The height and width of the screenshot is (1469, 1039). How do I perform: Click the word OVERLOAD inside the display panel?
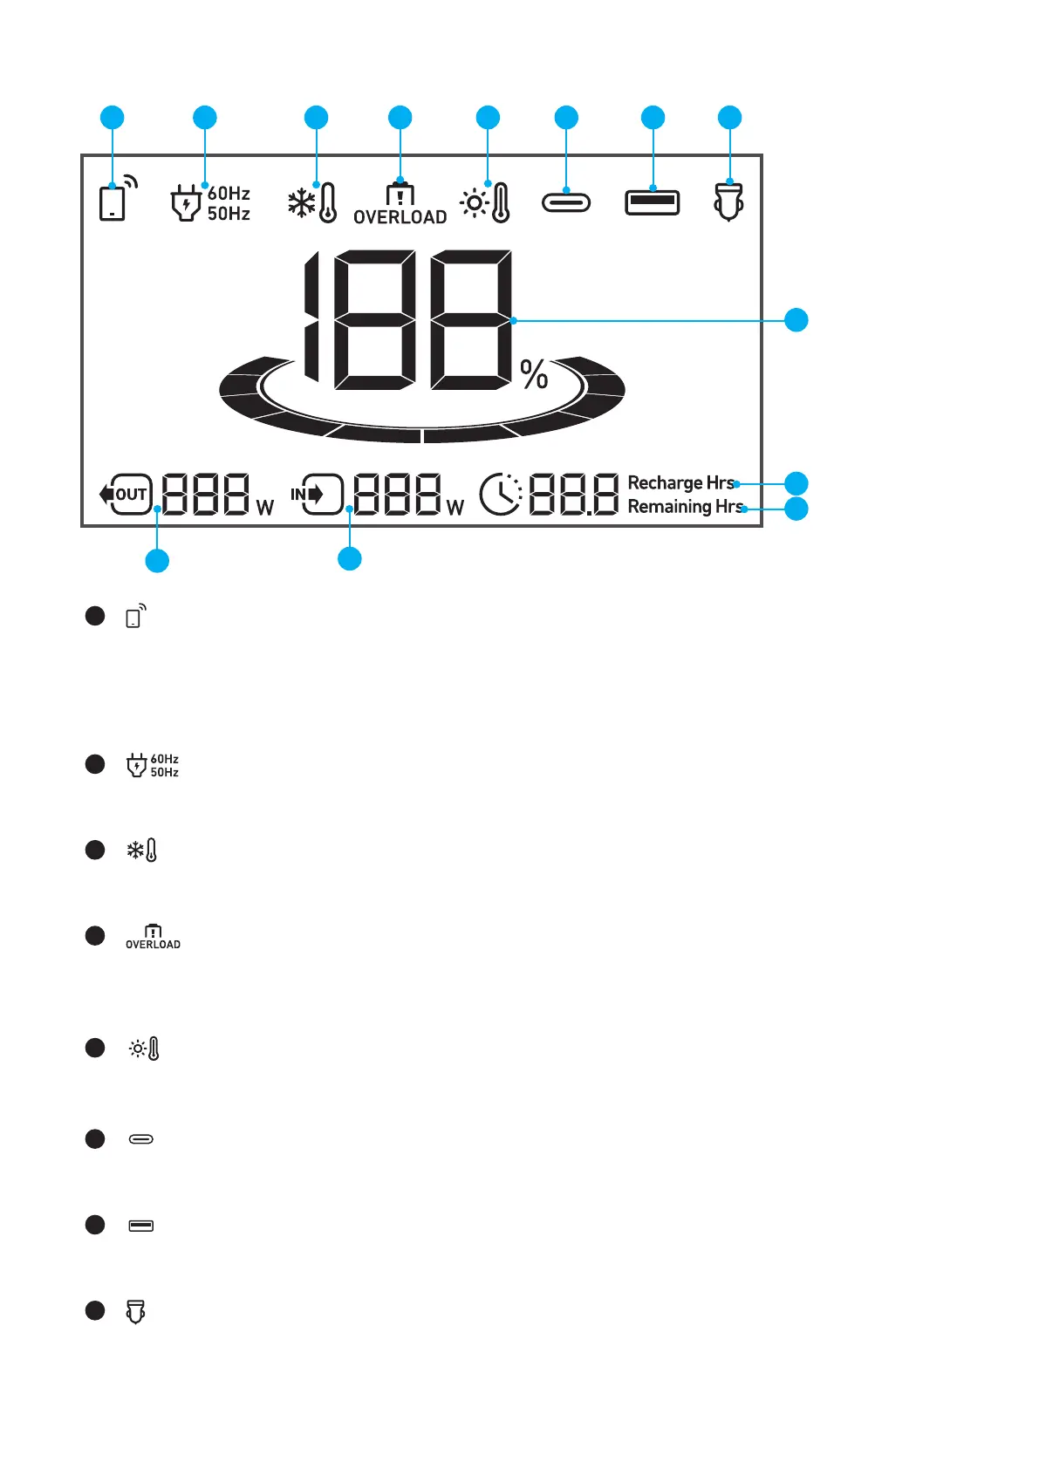tap(400, 217)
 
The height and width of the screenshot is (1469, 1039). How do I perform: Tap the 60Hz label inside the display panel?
tap(229, 193)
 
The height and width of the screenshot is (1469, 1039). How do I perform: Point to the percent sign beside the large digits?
tap(534, 374)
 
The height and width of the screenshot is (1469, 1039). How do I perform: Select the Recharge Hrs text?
tap(680, 482)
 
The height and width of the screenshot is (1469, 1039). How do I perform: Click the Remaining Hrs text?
tap(685, 506)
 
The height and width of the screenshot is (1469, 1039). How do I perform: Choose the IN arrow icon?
tap(317, 495)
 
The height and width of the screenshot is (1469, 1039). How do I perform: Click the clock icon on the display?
tap(501, 495)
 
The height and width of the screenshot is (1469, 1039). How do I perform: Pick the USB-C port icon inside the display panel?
tap(566, 203)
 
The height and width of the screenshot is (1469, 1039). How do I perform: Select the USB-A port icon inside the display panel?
tap(652, 202)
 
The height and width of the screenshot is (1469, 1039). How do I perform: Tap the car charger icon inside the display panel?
tap(728, 202)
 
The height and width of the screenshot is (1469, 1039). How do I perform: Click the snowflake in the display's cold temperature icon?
tap(302, 204)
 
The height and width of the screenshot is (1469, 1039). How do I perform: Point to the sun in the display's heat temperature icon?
tap(475, 204)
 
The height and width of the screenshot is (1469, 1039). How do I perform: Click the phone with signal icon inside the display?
tap(117, 198)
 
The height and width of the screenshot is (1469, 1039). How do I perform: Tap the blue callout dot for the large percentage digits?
tap(796, 320)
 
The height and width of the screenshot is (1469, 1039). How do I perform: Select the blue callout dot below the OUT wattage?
tap(157, 560)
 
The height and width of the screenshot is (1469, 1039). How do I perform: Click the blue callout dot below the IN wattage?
tap(350, 558)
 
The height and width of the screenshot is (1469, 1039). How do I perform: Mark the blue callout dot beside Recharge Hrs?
tap(796, 483)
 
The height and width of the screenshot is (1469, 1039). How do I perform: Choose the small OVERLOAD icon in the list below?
tap(153, 937)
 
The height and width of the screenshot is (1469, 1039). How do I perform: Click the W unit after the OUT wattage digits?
tap(265, 508)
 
